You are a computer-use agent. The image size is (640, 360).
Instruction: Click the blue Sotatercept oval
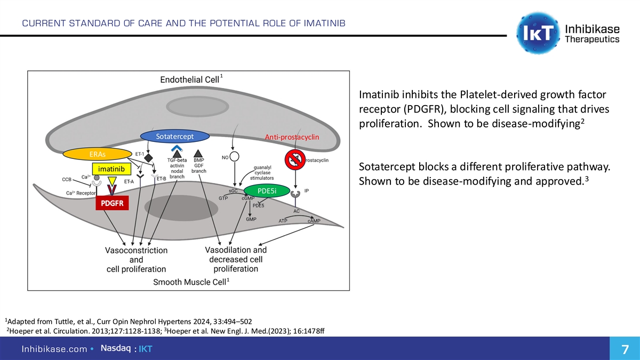pyautogui.click(x=174, y=136)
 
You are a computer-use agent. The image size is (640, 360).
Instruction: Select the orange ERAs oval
pyautogui.click(x=98, y=154)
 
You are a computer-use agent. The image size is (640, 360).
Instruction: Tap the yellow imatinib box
pyautogui.click(x=111, y=169)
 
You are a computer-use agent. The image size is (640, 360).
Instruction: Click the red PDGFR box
pyautogui.click(x=112, y=203)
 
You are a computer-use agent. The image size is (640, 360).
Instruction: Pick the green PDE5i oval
pyautogui.click(x=266, y=190)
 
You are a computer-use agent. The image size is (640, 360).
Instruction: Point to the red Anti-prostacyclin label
pyautogui.click(x=292, y=138)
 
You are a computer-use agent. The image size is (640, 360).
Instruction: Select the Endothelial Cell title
pyautogui.click(x=190, y=79)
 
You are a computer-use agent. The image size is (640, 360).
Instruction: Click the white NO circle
pyautogui.click(x=235, y=156)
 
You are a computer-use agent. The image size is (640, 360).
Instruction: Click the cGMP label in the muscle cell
pyautogui.click(x=247, y=198)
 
